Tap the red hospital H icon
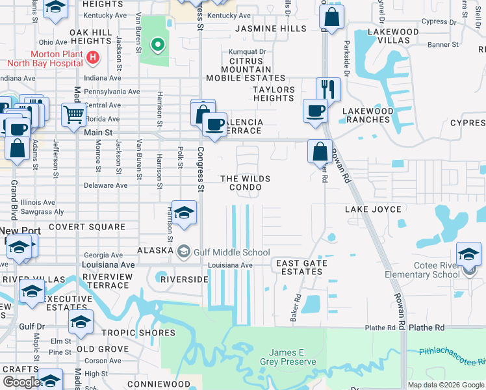(x=93, y=58)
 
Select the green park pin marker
(x=157, y=45)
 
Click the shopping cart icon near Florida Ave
(x=73, y=115)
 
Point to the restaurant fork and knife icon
(x=329, y=88)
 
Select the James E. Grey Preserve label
(x=282, y=356)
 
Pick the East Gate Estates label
(x=300, y=268)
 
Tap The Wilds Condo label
(x=245, y=183)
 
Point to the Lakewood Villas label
(x=393, y=36)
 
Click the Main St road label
(x=99, y=133)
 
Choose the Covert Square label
(x=87, y=227)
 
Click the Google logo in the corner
(x=21, y=382)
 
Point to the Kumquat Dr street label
(x=248, y=52)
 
